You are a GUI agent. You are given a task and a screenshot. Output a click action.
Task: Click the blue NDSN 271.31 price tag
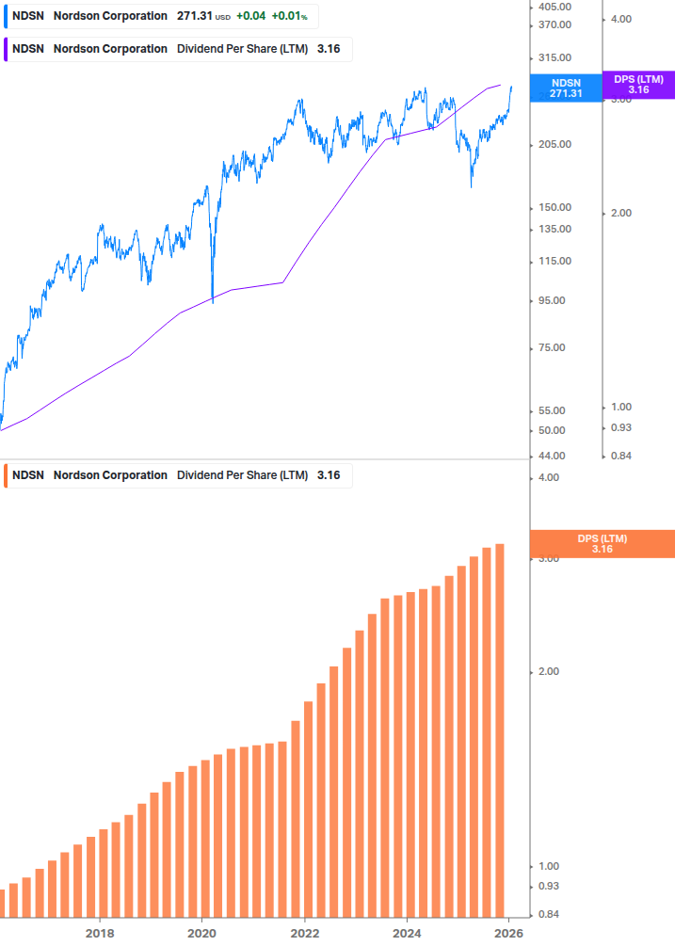[566, 88]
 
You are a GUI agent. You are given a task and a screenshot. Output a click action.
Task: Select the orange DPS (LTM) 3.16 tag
[603, 543]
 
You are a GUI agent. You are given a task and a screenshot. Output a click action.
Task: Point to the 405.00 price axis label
[556, 7]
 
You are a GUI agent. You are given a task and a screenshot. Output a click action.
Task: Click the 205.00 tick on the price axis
[556, 144]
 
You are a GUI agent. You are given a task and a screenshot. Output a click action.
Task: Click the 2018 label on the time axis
[100, 933]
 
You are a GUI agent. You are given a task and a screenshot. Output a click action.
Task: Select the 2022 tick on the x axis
[304, 933]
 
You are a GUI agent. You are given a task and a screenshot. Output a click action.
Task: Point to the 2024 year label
[407, 933]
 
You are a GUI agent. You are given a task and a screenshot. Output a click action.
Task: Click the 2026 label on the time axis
[508, 933]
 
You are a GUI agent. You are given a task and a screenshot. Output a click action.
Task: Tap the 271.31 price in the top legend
[195, 16]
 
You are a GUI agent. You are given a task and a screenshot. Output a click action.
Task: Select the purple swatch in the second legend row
[8, 49]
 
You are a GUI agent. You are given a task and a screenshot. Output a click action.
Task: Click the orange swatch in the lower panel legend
[8, 475]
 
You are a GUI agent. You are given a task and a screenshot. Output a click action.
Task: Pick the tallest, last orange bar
[500, 730]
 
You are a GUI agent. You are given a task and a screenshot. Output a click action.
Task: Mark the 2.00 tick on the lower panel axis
[547, 672]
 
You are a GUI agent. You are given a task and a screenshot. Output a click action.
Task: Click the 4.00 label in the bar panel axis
[547, 478]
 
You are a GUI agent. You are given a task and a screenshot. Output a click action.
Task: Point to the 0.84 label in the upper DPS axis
[620, 456]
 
